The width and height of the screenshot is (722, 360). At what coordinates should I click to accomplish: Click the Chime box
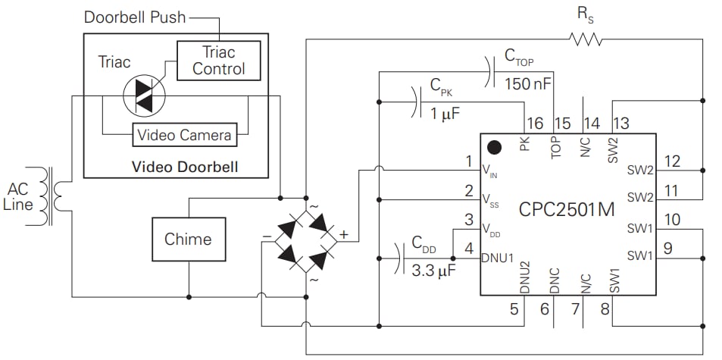188,239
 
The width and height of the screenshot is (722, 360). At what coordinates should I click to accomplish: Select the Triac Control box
218,61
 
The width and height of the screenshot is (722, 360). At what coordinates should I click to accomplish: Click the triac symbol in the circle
144,95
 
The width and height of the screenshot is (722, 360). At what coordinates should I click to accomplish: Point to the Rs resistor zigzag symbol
585,39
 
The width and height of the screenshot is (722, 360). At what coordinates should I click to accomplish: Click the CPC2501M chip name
567,210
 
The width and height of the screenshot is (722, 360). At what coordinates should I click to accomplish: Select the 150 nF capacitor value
528,84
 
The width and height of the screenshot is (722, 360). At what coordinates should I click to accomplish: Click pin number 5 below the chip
514,308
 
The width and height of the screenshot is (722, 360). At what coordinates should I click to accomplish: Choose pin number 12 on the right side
671,161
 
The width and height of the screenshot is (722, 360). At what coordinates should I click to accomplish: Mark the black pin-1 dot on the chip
495,147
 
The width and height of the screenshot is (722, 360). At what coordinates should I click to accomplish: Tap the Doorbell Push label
135,17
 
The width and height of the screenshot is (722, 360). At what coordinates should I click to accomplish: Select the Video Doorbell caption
185,166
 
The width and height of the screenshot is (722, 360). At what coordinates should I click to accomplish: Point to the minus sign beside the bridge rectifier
267,236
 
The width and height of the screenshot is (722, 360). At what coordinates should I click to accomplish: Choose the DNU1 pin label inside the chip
498,257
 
